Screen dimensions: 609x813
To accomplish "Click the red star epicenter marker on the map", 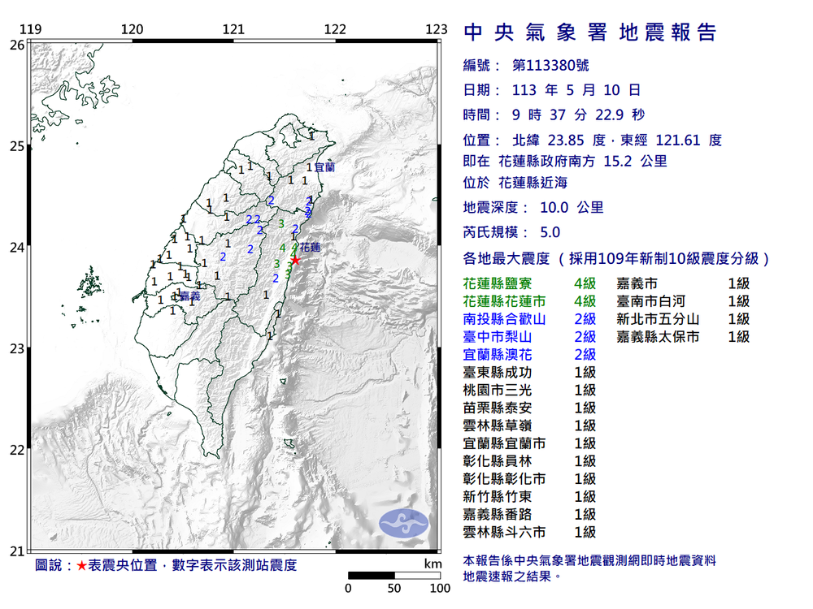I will pos(295,260).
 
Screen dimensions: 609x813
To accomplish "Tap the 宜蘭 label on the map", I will pos(324,167).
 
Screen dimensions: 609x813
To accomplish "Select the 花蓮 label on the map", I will pos(310,247).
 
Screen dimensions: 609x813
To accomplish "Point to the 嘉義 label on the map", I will pos(189,296).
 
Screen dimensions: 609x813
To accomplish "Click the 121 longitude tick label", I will pos(234,30).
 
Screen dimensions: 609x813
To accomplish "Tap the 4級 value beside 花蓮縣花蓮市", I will pos(585,301).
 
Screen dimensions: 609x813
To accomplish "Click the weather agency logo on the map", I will pos(404,521).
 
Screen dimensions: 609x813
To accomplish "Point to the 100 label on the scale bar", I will pos(440,588).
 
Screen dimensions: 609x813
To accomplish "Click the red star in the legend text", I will pos(81,565).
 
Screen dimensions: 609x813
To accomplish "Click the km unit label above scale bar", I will pos(433,564).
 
